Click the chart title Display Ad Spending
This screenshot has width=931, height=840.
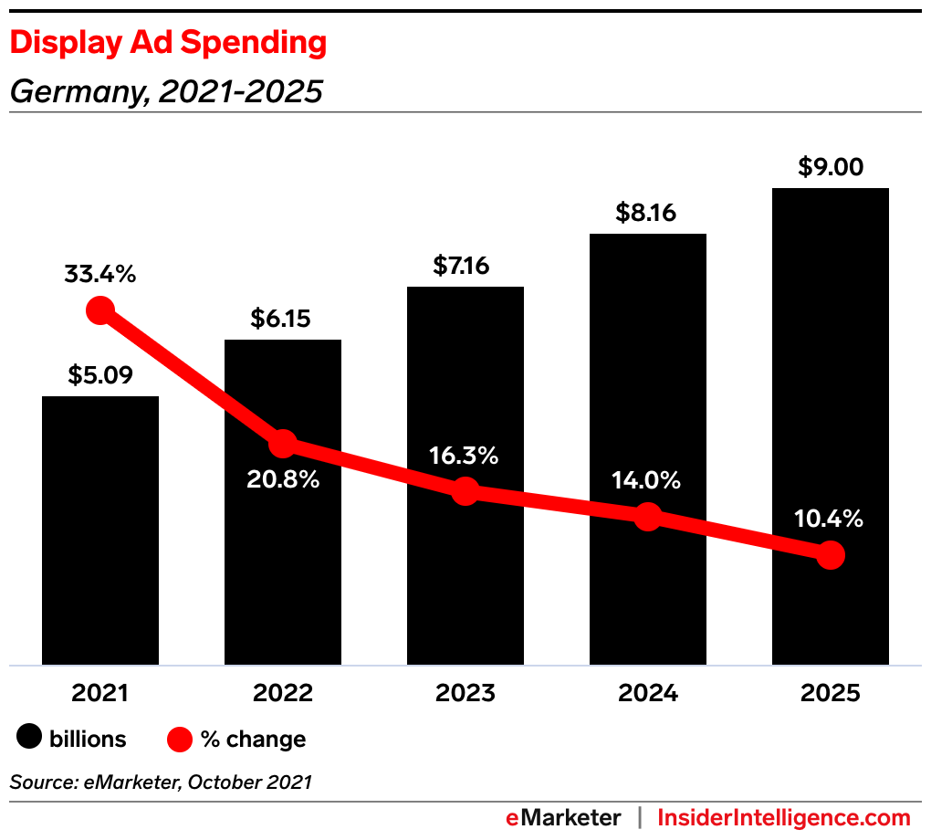pos(168,43)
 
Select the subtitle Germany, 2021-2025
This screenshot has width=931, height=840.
pos(165,91)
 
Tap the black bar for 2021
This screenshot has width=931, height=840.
pos(100,548)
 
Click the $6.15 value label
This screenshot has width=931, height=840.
pos(282,319)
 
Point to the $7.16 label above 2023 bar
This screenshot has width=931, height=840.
pos(465,266)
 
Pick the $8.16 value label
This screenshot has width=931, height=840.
pos(647,213)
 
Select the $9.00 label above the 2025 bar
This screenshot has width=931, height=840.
pos(830,167)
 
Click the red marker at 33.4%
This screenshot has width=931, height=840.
pos(100,311)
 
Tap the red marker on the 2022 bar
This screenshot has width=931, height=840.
pos(283,444)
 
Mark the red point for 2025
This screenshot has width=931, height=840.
pos(830,554)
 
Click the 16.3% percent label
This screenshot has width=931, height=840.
pos(465,456)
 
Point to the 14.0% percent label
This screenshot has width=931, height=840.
pos(647,480)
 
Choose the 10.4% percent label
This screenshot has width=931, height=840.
pos(830,519)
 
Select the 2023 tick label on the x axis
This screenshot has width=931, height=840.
pos(465,693)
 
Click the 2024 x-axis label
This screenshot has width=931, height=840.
pos(647,693)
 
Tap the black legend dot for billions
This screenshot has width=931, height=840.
pos(30,738)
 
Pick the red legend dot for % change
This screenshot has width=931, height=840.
pos(181,738)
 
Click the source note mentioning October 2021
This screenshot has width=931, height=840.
pos(161,782)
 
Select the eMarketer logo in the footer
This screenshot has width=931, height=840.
pos(563,817)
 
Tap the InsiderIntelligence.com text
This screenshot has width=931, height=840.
pos(784,817)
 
